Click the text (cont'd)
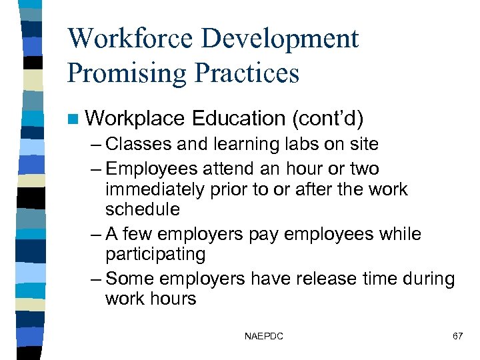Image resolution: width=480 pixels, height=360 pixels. (x=327, y=119)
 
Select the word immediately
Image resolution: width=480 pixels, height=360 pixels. (x=154, y=189)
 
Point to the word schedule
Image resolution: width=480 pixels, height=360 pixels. (x=142, y=210)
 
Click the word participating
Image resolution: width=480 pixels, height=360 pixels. (x=155, y=255)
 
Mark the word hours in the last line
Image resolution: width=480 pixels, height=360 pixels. (x=173, y=298)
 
